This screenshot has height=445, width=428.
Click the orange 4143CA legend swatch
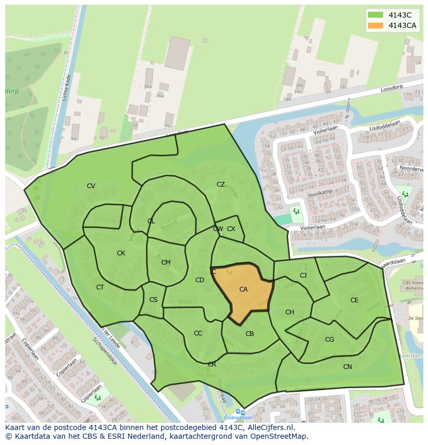376,25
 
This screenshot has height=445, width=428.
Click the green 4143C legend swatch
376,15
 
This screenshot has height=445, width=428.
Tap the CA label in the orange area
243,289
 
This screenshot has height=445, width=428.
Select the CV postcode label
91,186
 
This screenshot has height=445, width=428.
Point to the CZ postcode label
221,185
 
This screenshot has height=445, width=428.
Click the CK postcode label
121,253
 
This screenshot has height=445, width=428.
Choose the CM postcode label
165,263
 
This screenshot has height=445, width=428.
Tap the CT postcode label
100,287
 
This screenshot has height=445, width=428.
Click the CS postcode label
154,300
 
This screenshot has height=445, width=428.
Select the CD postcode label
200,280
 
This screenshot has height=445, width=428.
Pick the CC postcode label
198,333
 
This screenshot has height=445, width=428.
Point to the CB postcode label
250,334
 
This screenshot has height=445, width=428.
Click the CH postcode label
289,312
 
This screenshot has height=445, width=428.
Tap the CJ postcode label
303,275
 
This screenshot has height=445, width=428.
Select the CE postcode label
354,300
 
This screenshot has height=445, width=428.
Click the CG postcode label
329,340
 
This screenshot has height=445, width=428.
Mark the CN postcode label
347,367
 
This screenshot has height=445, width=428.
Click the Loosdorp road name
391,88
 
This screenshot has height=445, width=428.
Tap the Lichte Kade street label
67,88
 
